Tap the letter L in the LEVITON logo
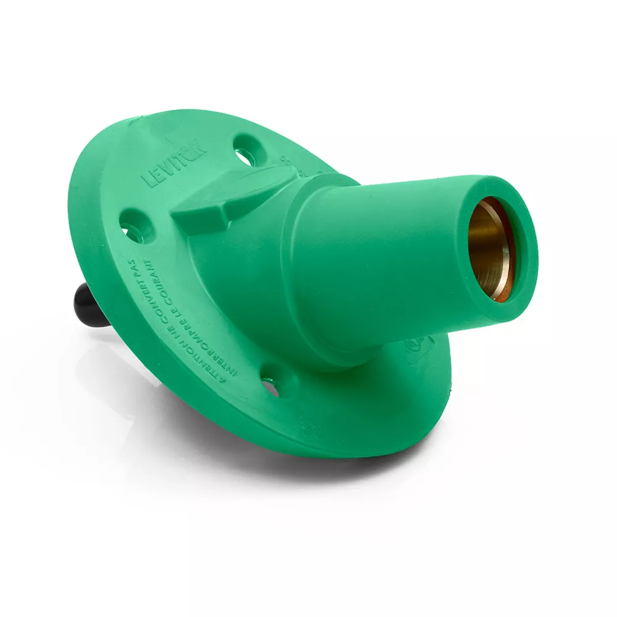[147, 183]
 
